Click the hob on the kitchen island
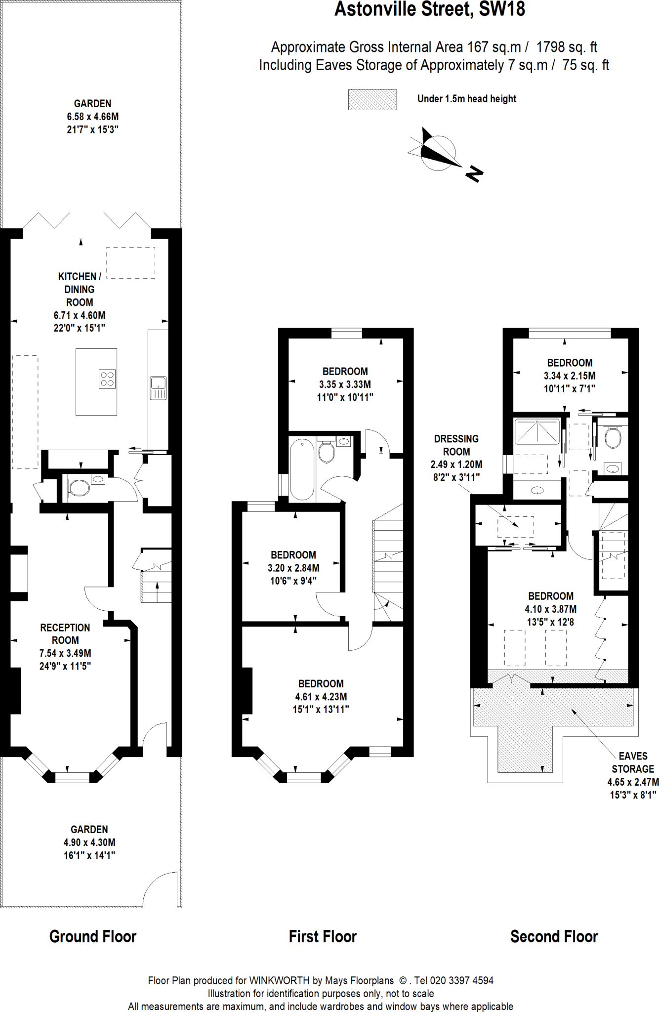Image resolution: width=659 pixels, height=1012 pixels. coord(107,379)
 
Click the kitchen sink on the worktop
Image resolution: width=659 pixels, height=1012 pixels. coord(158,387)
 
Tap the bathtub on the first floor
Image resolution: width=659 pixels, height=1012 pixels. coord(302,469)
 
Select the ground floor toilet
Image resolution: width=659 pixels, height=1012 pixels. coord(79,488)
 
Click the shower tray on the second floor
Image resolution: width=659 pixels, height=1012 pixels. coord(537,431)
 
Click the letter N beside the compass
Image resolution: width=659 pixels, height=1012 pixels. coord(474,173)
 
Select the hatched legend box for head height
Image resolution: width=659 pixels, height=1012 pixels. coord(372,99)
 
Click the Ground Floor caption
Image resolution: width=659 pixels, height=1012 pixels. coord(92,936)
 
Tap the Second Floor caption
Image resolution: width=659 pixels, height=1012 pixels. coord(554,936)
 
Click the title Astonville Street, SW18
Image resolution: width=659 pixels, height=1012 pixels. coord(430,9)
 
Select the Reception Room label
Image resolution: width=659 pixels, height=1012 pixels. coord(65,634)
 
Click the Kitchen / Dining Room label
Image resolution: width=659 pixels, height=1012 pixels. coord(80,289)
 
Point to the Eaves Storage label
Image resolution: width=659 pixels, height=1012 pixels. coord(633,762)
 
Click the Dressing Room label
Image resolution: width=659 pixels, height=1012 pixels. coord(456,445)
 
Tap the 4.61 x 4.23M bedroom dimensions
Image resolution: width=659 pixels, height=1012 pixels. coord(321,697)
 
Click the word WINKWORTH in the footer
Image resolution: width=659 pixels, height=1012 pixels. coord(279,980)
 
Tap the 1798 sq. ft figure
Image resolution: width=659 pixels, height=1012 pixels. coord(567,47)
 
